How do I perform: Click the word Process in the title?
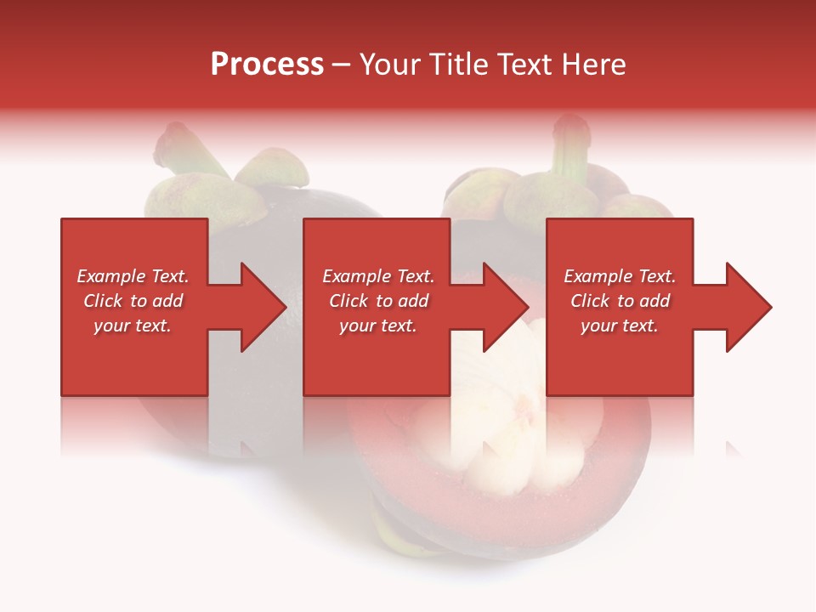(267, 65)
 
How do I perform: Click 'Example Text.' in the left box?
(133, 276)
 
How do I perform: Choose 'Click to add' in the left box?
(133, 301)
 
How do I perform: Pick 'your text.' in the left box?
(133, 326)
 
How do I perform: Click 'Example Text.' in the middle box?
(378, 276)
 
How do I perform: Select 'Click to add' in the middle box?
(378, 301)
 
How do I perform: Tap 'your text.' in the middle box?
(378, 326)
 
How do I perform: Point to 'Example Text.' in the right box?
(620, 276)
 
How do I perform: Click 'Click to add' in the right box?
(620, 301)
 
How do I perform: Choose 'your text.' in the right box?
(620, 326)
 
